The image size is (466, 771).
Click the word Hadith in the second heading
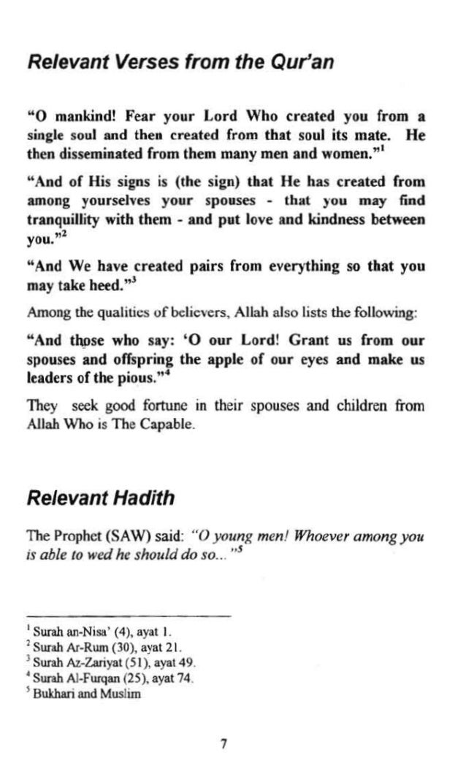(138, 499)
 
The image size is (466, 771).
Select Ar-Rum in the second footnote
(85, 646)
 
